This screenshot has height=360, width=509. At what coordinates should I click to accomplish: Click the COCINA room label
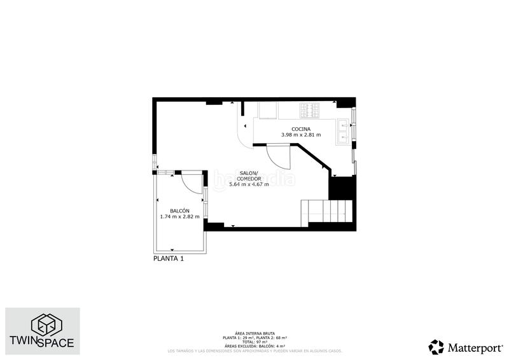tap(302, 130)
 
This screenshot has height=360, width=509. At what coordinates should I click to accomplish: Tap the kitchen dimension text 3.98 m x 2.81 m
tap(302, 135)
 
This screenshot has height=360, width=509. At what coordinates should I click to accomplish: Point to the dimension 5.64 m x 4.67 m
tap(249, 184)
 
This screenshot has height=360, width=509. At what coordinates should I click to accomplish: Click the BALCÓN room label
tap(179, 211)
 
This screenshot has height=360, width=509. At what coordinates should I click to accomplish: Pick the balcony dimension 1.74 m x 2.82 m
tap(179, 217)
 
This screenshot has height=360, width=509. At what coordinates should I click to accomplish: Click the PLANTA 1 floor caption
tap(169, 259)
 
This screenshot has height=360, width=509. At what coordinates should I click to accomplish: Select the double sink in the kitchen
tap(344, 130)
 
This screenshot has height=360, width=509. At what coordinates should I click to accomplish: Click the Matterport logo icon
tap(436, 347)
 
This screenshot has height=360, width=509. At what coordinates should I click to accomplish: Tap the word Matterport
tap(474, 348)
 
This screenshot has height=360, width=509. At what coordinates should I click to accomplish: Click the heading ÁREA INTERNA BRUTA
tap(254, 333)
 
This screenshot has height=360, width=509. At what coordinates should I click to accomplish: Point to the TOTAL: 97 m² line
tap(254, 341)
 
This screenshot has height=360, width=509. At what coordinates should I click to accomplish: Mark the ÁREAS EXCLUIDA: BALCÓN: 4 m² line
tap(254, 345)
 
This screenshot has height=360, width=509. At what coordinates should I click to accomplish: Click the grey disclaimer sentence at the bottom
tap(254, 350)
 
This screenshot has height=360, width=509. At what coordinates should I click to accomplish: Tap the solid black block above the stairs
tap(340, 187)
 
